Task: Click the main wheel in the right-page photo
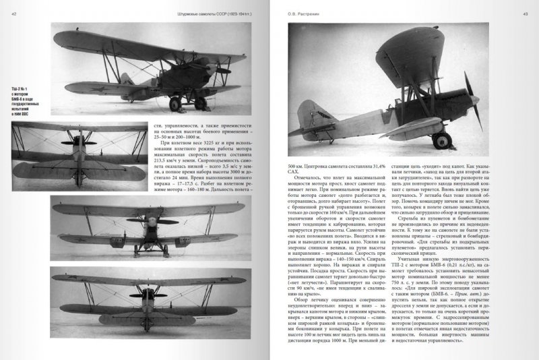[x=443, y=141]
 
